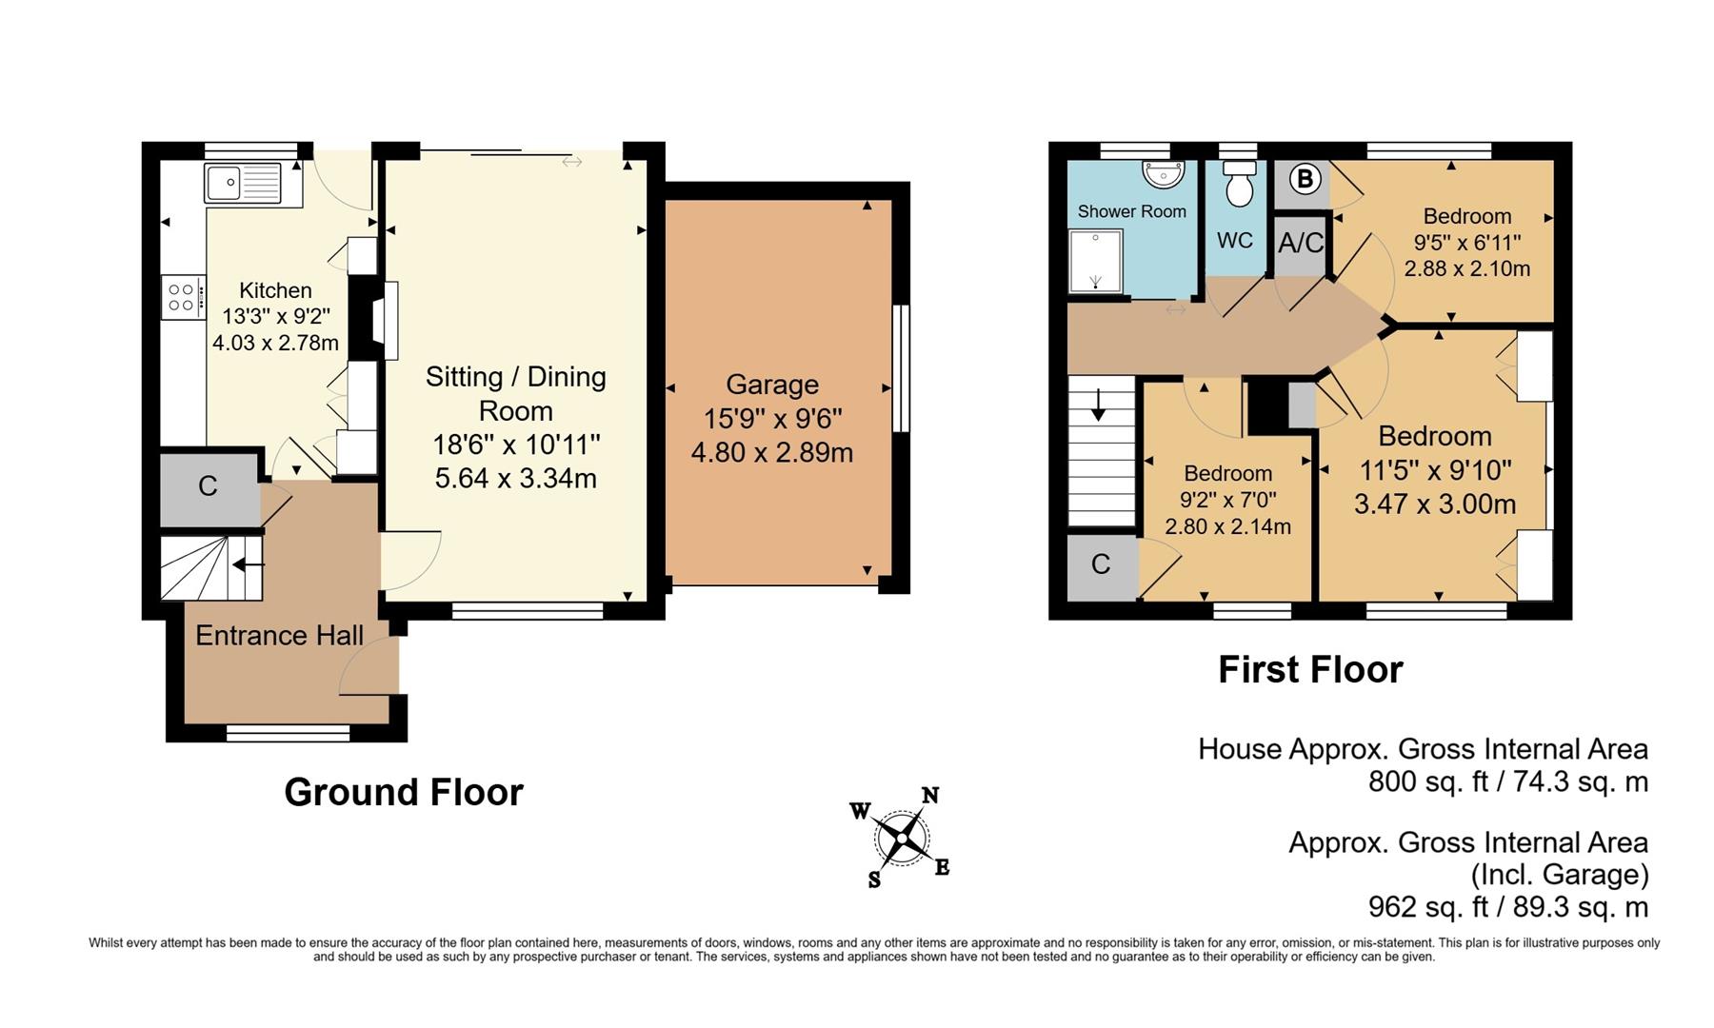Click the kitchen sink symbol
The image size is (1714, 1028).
coord(243,184)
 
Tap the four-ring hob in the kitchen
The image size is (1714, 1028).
coord(182,297)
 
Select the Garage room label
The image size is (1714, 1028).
coord(771,385)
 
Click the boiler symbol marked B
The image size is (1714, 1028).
coord(1305,178)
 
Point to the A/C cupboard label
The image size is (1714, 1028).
coord(1300,243)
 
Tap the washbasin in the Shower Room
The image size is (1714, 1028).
coord(1164,174)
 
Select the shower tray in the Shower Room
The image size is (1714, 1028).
coord(1096,261)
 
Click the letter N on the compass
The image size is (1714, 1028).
coord(930,796)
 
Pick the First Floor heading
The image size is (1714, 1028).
coord(1310,670)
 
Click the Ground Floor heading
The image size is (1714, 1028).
coord(404,792)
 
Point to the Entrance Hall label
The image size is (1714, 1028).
coord(279,636)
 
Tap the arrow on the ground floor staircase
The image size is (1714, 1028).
coord(249,564)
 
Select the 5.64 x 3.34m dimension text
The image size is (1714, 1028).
coord(515,478)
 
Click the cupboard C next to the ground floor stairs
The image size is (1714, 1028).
coord(208,487)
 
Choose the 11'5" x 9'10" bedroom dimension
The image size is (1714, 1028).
coord(1435,470)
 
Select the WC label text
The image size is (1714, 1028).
coord(1234,241)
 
